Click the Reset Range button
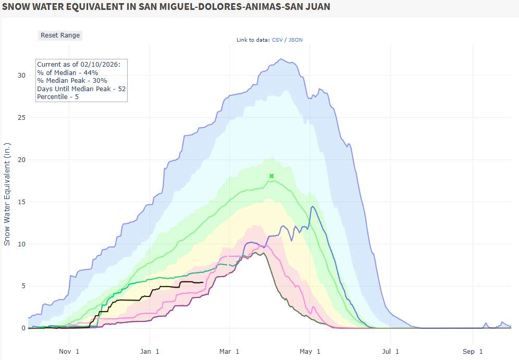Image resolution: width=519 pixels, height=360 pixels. pyautogui.click(x=60, y=35)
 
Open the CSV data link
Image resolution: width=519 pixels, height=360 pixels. pyautogui.click(x=278, y=40)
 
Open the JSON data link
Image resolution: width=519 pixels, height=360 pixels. pyautogui.click(x=295, y=40)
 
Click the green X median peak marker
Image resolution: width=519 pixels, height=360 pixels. pyautogui.click(x=271, y=176)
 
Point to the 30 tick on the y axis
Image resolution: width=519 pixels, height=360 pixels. pyautogui.click(x=21, y=75)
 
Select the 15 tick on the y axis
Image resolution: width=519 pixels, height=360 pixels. pyautogui.click(x=21, y=202)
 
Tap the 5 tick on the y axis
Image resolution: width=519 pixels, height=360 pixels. pyautogui.click(x=23, y=286)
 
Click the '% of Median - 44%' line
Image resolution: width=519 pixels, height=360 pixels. pyautogui.click(x=68, y=72)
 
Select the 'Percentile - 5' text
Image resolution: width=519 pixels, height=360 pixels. pyautogui.click(x=58, y=97)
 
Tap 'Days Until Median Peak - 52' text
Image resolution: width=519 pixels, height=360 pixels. pyautogui.click(x=81, y=89)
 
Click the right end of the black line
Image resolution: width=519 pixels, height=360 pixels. pyautogui.click(x=203, y=282)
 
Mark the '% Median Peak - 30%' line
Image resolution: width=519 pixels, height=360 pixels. pyautogui.click(x=72, y=81)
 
